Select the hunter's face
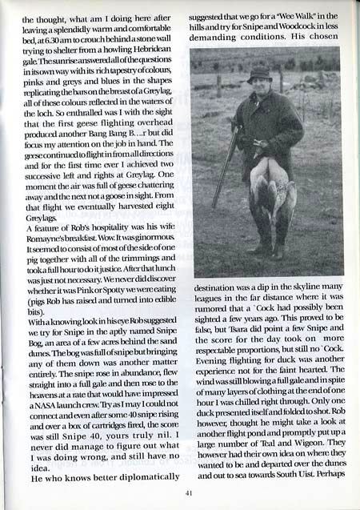click(x=261, y=87)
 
